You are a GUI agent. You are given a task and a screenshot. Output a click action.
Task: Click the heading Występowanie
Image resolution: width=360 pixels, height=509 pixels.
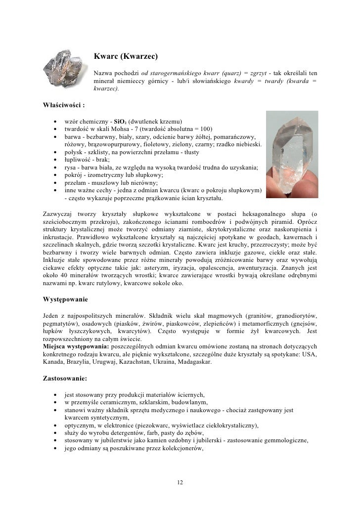[66, 299]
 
